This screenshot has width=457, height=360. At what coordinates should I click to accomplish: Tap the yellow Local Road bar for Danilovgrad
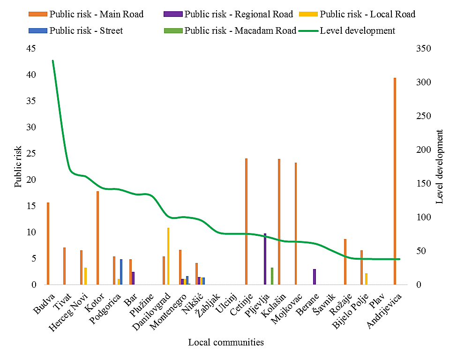coord(168,256)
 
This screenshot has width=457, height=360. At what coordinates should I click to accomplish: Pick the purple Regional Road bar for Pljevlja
coord(265,259)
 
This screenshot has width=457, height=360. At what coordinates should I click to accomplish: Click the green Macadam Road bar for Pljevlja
coord(272,276)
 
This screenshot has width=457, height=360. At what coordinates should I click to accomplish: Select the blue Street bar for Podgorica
coord(121,272)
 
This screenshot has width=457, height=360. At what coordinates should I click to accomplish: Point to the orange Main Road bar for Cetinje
coord(246,222)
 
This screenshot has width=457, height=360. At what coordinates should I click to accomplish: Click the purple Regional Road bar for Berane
coord(315,277)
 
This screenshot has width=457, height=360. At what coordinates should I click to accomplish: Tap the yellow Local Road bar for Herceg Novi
coord(85,276)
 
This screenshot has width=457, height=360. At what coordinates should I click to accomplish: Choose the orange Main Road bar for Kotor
coord(97,238)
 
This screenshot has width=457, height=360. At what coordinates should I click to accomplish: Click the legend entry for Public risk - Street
coord(86,31)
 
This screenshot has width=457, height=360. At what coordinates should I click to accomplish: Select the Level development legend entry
coord(357,31)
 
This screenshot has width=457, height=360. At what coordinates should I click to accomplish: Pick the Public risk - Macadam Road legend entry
coord(240,31)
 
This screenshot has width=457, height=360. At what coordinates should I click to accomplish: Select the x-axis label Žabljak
coord(208,305)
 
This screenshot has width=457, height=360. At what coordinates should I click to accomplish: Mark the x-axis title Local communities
coord(226,342)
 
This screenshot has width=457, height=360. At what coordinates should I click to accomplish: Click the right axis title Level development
coord(440,166)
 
